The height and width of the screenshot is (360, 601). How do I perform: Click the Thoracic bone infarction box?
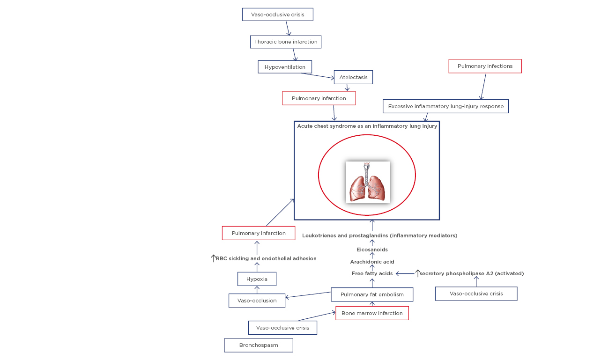285,42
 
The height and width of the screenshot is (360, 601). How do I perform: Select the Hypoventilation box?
284,67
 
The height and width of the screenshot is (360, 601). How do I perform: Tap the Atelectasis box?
353,77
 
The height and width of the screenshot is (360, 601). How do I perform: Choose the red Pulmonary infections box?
485,66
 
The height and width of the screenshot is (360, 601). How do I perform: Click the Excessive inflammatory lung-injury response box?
445,106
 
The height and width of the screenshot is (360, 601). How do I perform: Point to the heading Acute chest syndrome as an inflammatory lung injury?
367,126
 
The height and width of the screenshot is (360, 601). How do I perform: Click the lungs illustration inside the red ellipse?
368,182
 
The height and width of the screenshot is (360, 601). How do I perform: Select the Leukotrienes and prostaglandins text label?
379,235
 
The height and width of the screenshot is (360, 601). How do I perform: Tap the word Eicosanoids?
372,250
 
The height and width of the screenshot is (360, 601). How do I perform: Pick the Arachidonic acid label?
372,262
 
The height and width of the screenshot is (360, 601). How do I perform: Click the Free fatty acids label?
372,273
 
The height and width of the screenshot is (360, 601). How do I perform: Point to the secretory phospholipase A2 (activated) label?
471,273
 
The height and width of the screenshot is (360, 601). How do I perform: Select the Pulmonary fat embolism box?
372,294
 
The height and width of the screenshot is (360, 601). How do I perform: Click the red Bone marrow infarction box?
372,313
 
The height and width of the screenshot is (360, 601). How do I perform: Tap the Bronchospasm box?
259,345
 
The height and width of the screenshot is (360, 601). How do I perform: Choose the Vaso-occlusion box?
257,301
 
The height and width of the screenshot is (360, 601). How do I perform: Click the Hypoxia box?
257,279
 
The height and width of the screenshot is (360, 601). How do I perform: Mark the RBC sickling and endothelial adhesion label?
266,258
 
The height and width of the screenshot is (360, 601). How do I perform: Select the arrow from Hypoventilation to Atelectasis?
318,75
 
